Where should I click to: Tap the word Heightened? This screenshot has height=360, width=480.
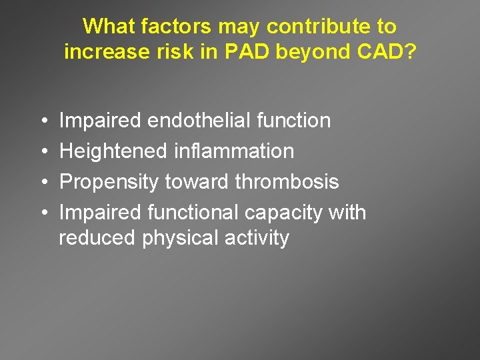113,151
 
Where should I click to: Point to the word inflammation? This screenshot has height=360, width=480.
233,151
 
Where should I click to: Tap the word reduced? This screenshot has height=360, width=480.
97,238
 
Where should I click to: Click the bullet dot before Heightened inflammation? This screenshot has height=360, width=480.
43,152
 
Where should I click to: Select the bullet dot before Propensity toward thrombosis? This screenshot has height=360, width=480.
43,183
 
